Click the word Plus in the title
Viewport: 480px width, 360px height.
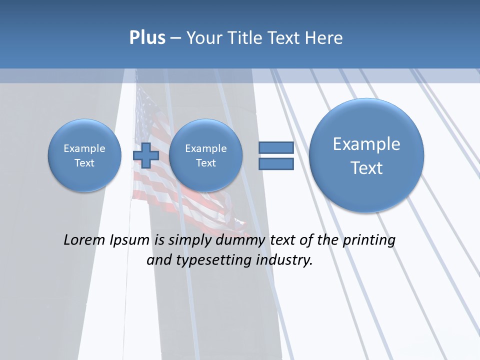click(x=147, y=38)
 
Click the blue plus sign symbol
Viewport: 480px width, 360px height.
click(x=145, y=155)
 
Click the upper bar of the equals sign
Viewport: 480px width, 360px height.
click(x=276, y=147)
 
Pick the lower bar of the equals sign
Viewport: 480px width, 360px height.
click(x=276, y=163)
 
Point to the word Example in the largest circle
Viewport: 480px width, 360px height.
click(x=366, y=144)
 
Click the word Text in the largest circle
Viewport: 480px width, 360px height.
click(x=366, y=168)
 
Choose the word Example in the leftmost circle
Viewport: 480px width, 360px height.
click(x=84, y=148)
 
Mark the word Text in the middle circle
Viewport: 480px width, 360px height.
click(x=205, y=163)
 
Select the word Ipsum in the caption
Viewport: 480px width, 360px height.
click(x=129, y=240)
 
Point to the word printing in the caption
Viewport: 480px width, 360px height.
click(x=369, y=240)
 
